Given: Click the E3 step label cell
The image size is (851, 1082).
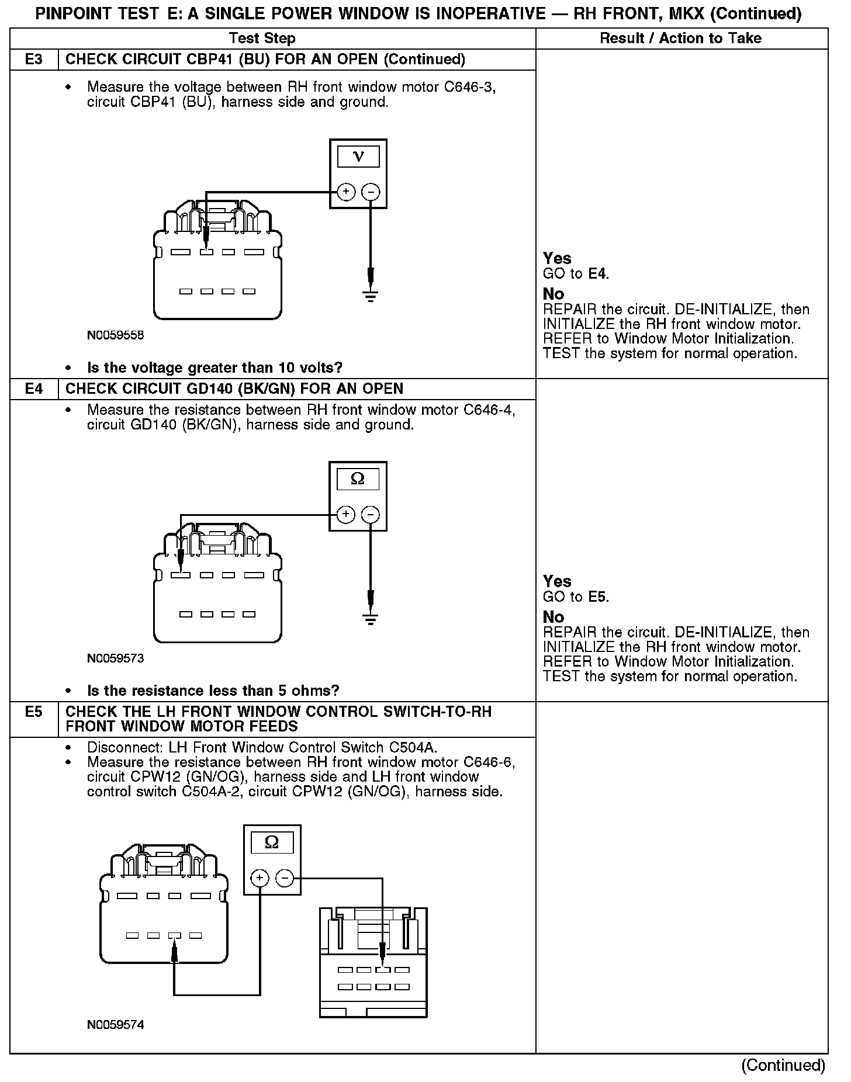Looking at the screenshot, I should coord(34,60).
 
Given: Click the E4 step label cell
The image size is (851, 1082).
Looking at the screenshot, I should coord(34,389).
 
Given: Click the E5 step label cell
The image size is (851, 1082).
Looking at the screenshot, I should coord(34,712).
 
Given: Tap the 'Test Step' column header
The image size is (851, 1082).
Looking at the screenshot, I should coord(262,39).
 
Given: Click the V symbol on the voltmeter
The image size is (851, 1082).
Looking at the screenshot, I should coord(358,157).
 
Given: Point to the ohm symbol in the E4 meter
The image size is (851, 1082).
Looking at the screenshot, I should coord(358,480).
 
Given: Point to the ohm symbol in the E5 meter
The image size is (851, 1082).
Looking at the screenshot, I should coord(272,842).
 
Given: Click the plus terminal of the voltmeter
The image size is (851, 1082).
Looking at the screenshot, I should coord(346,192).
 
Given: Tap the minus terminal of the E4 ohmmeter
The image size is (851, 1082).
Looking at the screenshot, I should coord(371,515).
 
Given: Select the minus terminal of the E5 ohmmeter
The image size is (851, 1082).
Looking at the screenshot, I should coord(285,878).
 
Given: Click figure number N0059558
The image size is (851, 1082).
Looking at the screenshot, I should coord(115,336).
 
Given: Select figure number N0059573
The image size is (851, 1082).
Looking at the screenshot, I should coord(115,659).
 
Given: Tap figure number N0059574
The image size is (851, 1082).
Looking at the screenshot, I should coord(115,1025).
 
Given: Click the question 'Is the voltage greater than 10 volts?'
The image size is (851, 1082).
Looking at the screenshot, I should coord(215,368).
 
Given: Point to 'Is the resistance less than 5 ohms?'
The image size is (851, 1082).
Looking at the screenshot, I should coord(213,691).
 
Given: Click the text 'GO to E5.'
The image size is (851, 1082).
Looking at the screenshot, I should coord(576,597).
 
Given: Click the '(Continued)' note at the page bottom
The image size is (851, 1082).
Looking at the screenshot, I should coord(783,1066).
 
